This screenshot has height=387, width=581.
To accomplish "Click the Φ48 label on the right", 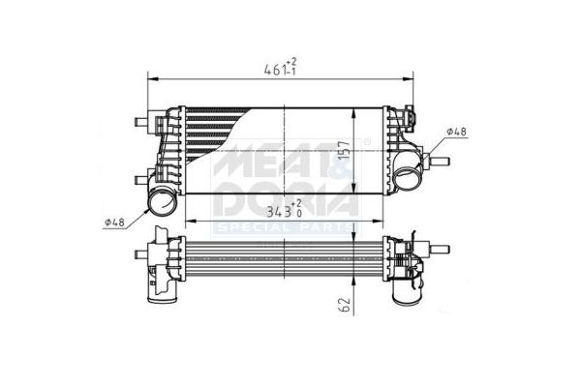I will (456, 131).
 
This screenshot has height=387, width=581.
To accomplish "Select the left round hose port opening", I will (159, 204).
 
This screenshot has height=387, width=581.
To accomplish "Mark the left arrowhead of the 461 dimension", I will (149, 78).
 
